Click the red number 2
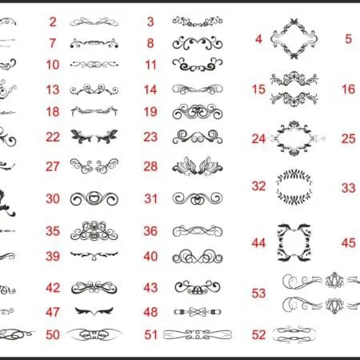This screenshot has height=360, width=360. click(x=53, y=22)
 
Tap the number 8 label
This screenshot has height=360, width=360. click(x=150, y=43)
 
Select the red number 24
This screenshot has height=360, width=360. click(x=258, y=138)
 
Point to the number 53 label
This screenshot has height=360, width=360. click(x=258, y=293)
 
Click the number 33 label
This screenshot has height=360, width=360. click(x=349, y=188)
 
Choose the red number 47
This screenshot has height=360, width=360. click(x=53, y=312)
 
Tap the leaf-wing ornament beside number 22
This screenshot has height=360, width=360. click(x=94, y=137)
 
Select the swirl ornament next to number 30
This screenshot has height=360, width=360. click(x=94, y=198)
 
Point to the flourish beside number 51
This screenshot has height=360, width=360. click(x=198, y=335)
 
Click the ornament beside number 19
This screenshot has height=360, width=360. click(x=198, y=112)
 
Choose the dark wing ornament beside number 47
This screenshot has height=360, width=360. click(x=94, y=311)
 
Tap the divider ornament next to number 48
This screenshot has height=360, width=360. click(x=198, y=312)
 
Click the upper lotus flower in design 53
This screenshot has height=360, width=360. click(x=334, y=281)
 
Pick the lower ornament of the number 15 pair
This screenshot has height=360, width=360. click(x=294, y=98)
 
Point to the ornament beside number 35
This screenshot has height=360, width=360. click(x=94, y=231)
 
